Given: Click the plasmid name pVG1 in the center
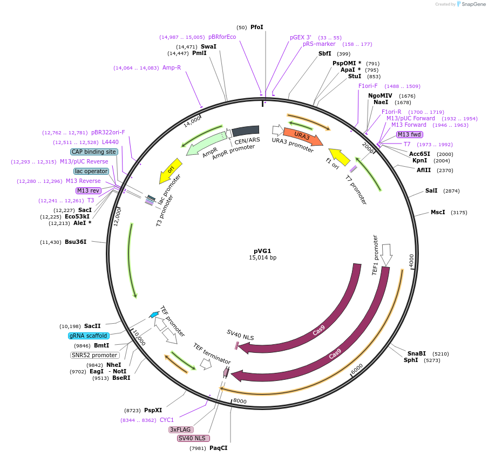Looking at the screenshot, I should pyautogui.click(x=262, y=250).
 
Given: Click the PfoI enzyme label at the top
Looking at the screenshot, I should pyautogui.click(x=257, y=27).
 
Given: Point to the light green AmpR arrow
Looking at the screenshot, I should pyautogui.click(x=204, y=142).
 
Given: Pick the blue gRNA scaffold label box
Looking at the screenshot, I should pyautogui.click(x=89, y=336).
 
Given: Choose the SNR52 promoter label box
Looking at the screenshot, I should pyautogui.click(x=94, y=355).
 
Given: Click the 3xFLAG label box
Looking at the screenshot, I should pyautogui.click(x=179, y=429).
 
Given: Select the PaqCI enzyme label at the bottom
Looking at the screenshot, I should pyautogui.click(x=219, y=448).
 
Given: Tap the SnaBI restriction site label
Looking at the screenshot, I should pyautogui.click(x=417, y=353).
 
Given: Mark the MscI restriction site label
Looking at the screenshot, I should pyautogui.click(x=438, y=212).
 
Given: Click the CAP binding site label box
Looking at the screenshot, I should pyautogui.click(x=94, y=152).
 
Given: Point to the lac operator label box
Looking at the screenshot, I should pyautogui.click(x=91, y=171).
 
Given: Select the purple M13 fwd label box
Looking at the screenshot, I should pyautogui.click(x=409, y=134).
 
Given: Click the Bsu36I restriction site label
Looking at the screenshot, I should pyautogui.click(x=76, y=242).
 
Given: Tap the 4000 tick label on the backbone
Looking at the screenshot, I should pyautogui.click(x=412, y=261).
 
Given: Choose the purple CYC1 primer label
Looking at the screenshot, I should pyautogui.click(x=167, y=420).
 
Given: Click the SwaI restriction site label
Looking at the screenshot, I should pyautogui.click(x=208, y=46).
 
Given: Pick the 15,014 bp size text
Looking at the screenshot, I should pyautogui.click(x=262, y=258).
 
